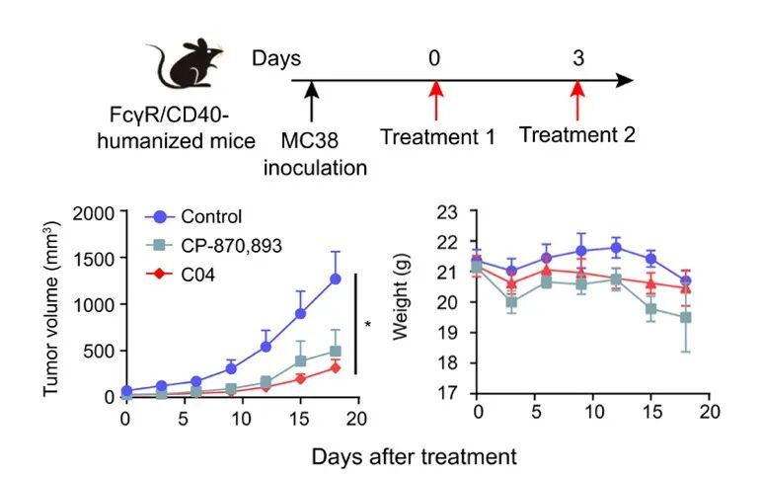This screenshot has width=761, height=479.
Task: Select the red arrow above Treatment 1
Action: coord(435,101)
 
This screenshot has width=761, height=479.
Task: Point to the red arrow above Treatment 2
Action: coord(578,101)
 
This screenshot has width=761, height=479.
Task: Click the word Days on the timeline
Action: coord(276,58)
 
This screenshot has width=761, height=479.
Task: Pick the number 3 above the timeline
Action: coord(578,57)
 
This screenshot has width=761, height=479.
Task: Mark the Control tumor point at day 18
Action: coord(335,279)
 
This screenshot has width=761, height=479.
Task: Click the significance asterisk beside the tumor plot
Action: coord(367,325)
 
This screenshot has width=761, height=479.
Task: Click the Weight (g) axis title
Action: coord(402,302)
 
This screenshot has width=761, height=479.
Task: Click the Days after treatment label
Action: coord(414,457)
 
